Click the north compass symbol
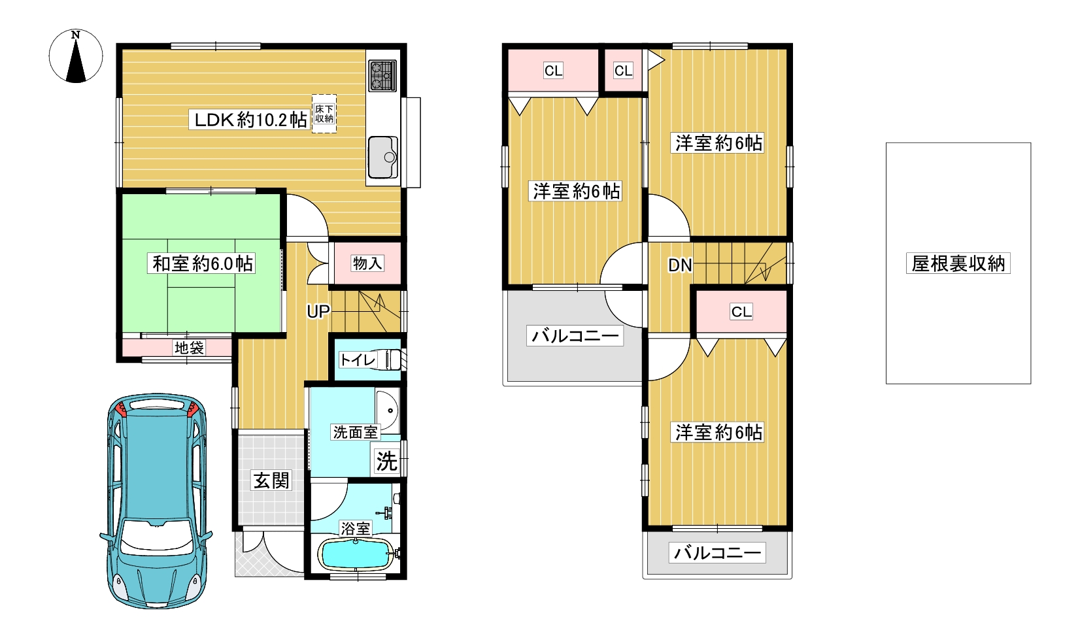(76, 56)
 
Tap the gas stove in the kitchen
(382, 75)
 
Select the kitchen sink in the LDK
(382, 157)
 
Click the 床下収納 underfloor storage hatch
(324, 114)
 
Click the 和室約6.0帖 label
(203, 263)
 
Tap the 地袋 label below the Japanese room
(189, 348)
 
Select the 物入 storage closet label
(367, 263)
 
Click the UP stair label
(318, 312)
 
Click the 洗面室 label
(355, 432)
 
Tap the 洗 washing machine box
(386, 462)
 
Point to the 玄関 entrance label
(271, 481)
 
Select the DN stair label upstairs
(680, 265)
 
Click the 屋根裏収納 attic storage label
(958, 263)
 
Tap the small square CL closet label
(623, 71)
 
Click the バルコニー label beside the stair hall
(575, 336)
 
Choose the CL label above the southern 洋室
(741, 312)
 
